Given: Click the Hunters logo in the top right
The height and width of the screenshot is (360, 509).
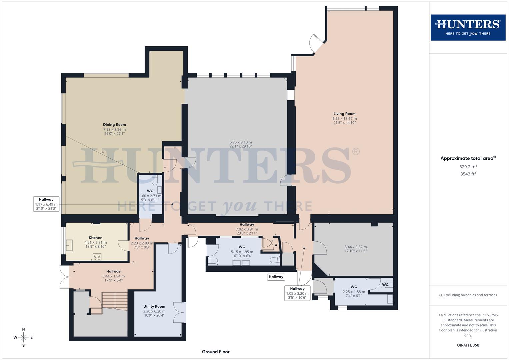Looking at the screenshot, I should (468, 27).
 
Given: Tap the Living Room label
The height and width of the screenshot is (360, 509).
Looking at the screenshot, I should (344, 114).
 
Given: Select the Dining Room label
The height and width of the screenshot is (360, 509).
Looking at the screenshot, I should (114, 125).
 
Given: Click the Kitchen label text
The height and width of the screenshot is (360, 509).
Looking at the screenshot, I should (95, 238).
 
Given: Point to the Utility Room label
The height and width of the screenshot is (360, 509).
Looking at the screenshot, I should (154, 306).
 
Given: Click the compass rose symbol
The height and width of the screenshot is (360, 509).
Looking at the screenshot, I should (23, 337).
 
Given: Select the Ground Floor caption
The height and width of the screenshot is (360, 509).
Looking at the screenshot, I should (216, 352).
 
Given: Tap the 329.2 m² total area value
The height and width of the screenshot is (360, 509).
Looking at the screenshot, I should (468, 167).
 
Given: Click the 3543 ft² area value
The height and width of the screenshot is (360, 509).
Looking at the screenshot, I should (468, 174).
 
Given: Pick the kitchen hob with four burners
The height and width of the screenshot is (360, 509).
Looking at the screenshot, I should (97, 257).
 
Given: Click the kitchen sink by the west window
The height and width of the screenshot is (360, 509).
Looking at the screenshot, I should (70, 245).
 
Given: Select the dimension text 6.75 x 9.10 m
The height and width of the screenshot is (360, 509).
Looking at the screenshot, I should (241, 142).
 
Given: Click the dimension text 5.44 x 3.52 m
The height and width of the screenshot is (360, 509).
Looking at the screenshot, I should (355, 247).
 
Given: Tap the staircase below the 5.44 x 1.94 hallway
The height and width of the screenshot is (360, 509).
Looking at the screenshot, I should (115, 301).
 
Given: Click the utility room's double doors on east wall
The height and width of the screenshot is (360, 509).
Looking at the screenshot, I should (180, 312).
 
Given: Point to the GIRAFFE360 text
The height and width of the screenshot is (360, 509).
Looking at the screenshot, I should (468, 345).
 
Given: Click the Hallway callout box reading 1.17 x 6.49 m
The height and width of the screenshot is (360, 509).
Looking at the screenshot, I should (46, 204).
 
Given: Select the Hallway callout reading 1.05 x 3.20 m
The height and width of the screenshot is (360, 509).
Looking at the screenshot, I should (297, 293).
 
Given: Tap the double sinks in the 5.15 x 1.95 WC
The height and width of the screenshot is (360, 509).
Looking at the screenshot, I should (241, 263).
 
